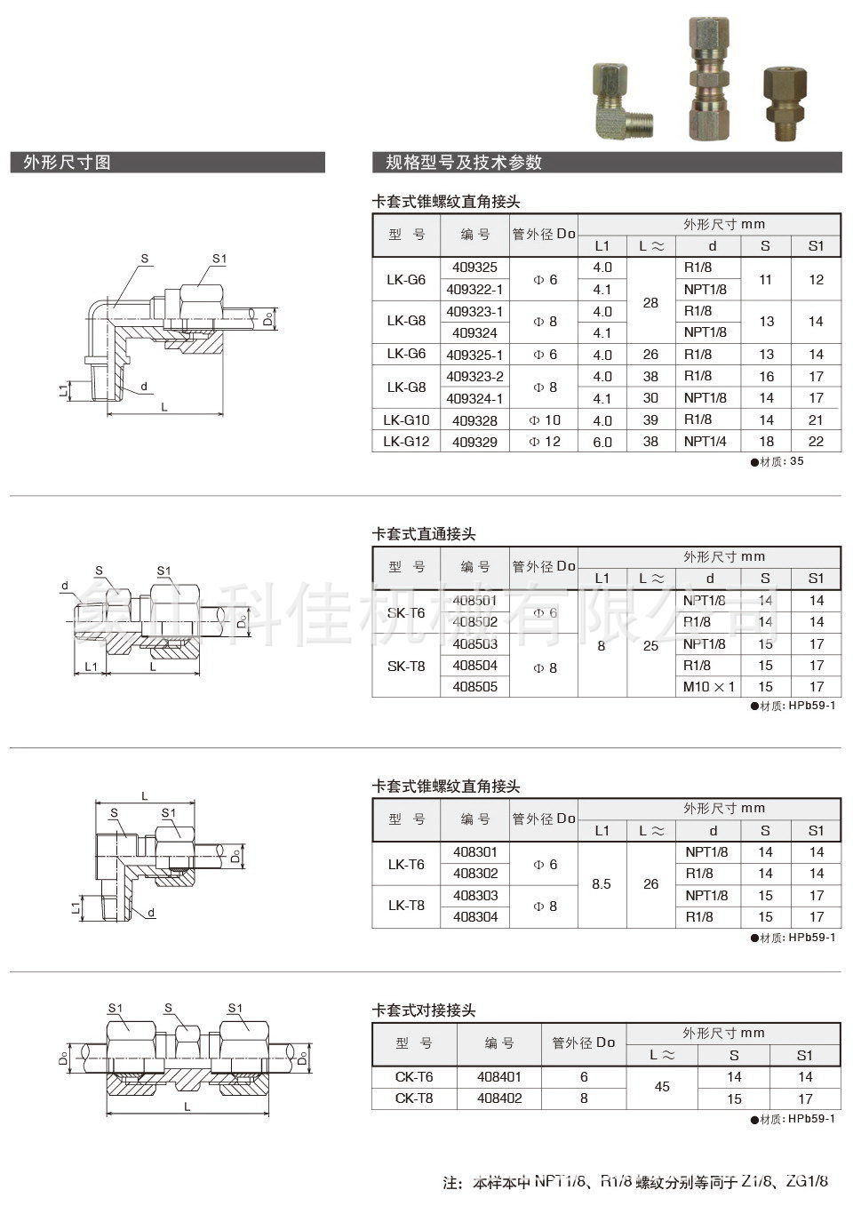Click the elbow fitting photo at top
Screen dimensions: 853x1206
tap(617, 100)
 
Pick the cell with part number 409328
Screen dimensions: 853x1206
tap(475, 420)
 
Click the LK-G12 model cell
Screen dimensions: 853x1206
tap(406, 442)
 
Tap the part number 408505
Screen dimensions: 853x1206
tap(475, 686)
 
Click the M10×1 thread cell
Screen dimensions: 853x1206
tap(709, 686)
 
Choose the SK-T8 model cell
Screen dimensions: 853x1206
tap(406, 666)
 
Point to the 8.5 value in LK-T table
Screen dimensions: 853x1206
tap(602, 884)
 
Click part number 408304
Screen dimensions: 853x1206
tap(475, 917)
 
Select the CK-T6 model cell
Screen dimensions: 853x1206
tap(414, 1076)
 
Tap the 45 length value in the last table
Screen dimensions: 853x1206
tap(662, 1087)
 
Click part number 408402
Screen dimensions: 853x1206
tap(499, 1098)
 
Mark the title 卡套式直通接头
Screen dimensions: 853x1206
tap(424, 534)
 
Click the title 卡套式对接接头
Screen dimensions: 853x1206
tap(424, 1010)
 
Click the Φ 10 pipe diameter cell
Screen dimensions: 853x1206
tap(545, 420)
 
